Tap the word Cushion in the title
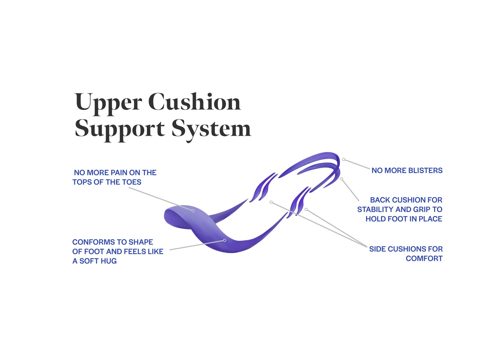(194, 102)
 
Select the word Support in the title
(120, 129)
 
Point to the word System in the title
(211, 129)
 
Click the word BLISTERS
(424, 171)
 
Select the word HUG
(108, 261)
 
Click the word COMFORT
(424, 258)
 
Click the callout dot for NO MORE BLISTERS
(344, 159)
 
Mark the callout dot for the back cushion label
(341, 179)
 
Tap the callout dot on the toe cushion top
(193, 211)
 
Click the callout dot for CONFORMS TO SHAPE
(225, 240)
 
